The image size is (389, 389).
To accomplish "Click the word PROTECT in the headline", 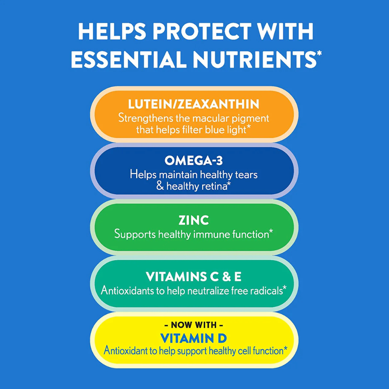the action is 201,31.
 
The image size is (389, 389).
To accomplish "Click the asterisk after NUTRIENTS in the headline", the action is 319,53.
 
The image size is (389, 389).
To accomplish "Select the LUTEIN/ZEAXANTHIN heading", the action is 194,104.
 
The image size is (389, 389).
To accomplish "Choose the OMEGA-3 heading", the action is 194,161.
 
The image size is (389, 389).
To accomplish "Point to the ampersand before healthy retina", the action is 160,186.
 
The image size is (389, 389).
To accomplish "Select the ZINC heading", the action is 194,220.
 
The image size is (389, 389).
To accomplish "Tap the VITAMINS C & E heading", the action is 194,277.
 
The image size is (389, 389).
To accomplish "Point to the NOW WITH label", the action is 194,325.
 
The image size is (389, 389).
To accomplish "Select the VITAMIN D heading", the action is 194,338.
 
